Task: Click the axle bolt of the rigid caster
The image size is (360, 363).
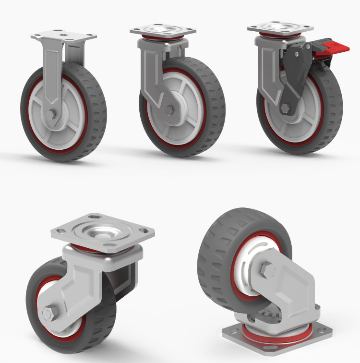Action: tap(52, 115)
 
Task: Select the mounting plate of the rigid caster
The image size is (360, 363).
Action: tap(63, 37)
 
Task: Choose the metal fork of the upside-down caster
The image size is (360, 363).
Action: tap(288, 288)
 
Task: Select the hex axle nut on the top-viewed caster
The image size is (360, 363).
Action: tap(48, 314)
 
